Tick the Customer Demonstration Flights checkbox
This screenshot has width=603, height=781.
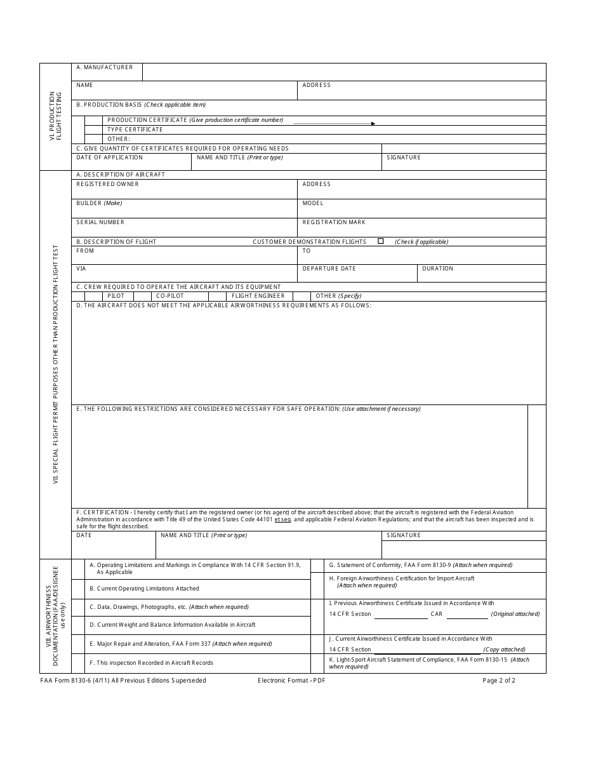381,241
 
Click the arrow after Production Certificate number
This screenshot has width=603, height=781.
373,124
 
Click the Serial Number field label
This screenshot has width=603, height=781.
100,222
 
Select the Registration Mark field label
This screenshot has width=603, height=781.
334,222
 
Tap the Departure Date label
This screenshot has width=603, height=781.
329,269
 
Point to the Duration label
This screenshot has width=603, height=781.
437,269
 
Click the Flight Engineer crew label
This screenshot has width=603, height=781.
258,296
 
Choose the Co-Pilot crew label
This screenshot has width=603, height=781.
170,296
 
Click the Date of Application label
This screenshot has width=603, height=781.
109,157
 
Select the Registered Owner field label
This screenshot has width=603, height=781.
107,184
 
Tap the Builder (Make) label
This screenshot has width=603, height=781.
99,203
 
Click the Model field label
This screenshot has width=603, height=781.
313,203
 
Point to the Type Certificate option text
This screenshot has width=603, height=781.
135,130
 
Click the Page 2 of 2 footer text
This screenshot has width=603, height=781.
498,681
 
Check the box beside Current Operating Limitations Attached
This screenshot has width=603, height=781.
78,589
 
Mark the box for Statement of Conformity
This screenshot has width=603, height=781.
317,565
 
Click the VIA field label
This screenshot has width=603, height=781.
81,269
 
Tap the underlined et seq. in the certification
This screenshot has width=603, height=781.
282,519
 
